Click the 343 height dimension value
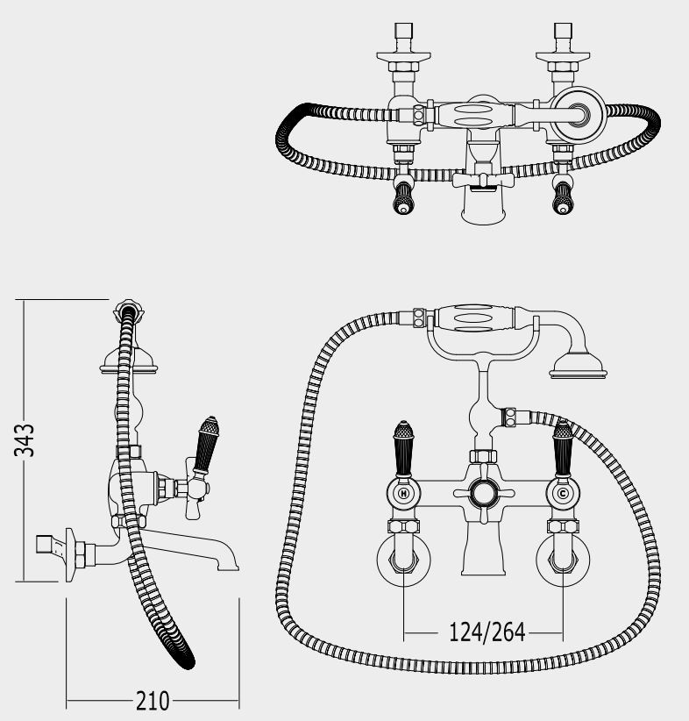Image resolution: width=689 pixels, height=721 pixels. (24, 440)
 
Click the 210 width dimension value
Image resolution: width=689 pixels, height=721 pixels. (153, 701)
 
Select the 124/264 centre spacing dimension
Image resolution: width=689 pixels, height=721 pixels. (487, 632)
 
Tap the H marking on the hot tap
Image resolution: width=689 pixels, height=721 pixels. (403, 494)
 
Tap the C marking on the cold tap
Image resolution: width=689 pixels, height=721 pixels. (563, 494)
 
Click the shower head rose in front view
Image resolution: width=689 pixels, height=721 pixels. (579, 366)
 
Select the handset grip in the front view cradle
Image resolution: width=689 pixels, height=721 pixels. (474, 318)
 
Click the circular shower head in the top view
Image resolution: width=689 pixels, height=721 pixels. (579, 114)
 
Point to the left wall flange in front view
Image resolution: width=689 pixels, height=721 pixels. (403, 560)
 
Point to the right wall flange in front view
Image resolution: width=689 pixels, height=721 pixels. (563, 560)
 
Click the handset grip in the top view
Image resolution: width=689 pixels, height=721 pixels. (474, 116)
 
